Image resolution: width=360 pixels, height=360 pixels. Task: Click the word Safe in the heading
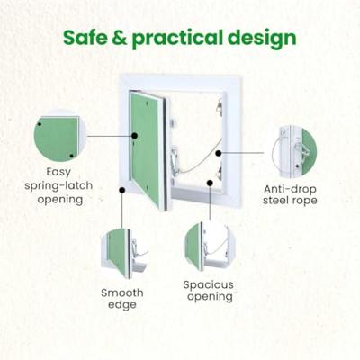[x=85, y=38]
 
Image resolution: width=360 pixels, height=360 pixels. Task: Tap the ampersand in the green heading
[x=120, y=38]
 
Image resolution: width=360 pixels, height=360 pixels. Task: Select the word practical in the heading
[x=177, y=40]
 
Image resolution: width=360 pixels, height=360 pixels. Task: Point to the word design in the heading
[x=262, y=40]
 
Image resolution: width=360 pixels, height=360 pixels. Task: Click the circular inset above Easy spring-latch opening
[x=59, y=136]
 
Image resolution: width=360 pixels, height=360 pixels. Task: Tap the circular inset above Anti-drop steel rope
[x=294, y=151]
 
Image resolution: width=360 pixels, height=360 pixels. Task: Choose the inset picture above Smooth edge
[x=124, y=254]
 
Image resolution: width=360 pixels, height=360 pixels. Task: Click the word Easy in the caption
[x=58, y=173]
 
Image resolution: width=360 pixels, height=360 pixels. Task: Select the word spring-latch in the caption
[x=58, y=186]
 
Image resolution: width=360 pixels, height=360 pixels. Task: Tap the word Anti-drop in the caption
[x=290, y=190]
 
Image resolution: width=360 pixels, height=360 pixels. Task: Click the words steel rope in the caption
[x=290, y=201]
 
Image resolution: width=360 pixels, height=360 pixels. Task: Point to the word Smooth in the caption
[x=122, y=292]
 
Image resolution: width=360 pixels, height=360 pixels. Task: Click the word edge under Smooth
[x=122, y=305]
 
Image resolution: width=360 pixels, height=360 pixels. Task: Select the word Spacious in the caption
[x=209, y=284]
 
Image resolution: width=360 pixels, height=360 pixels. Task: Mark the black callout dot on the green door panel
[x=134, y=136]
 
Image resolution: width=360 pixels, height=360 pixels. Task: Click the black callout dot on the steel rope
[x=219, y=153]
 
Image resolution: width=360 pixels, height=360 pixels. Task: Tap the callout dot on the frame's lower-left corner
[x=122, y=190]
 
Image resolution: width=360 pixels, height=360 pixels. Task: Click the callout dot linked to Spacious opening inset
[x=211, y=183]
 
